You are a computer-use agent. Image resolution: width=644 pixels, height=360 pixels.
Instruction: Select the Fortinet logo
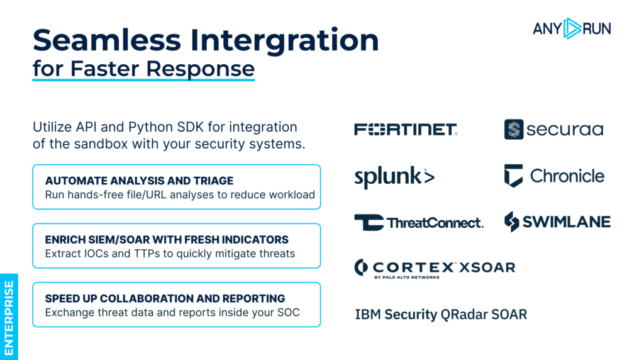[406, 130]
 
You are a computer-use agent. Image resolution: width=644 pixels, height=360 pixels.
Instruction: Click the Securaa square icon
[514, 130]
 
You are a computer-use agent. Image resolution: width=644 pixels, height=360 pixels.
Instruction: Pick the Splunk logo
[394, 177]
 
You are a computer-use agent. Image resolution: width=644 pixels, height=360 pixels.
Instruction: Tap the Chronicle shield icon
[513, 176]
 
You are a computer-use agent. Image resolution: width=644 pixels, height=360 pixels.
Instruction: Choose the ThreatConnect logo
[419, 222]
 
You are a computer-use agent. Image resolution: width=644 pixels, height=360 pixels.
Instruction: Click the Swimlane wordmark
[565, 222]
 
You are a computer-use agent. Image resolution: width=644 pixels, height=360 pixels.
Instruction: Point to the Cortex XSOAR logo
[435, 267]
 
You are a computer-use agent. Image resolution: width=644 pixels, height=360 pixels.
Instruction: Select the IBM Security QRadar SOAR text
[441, 314]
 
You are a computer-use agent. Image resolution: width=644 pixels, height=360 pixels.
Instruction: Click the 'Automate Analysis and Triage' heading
[139, 181]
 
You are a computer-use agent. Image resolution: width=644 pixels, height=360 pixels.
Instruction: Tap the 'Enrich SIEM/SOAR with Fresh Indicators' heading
[167, 240]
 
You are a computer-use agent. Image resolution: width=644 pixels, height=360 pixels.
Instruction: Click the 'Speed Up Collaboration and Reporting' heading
[165, 298]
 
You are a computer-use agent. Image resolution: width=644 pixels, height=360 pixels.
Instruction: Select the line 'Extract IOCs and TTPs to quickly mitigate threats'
[170, 254]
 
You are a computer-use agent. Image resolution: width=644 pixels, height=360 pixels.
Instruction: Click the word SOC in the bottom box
[292, 312]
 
